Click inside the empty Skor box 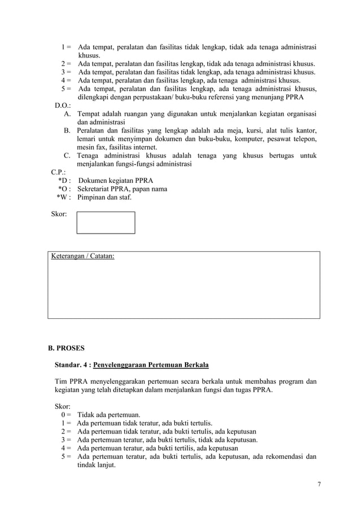[106, 222]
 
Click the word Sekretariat [96, 189]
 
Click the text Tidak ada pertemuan [109, 415]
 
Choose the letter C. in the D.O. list [67, 156]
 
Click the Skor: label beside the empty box [59, 214]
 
